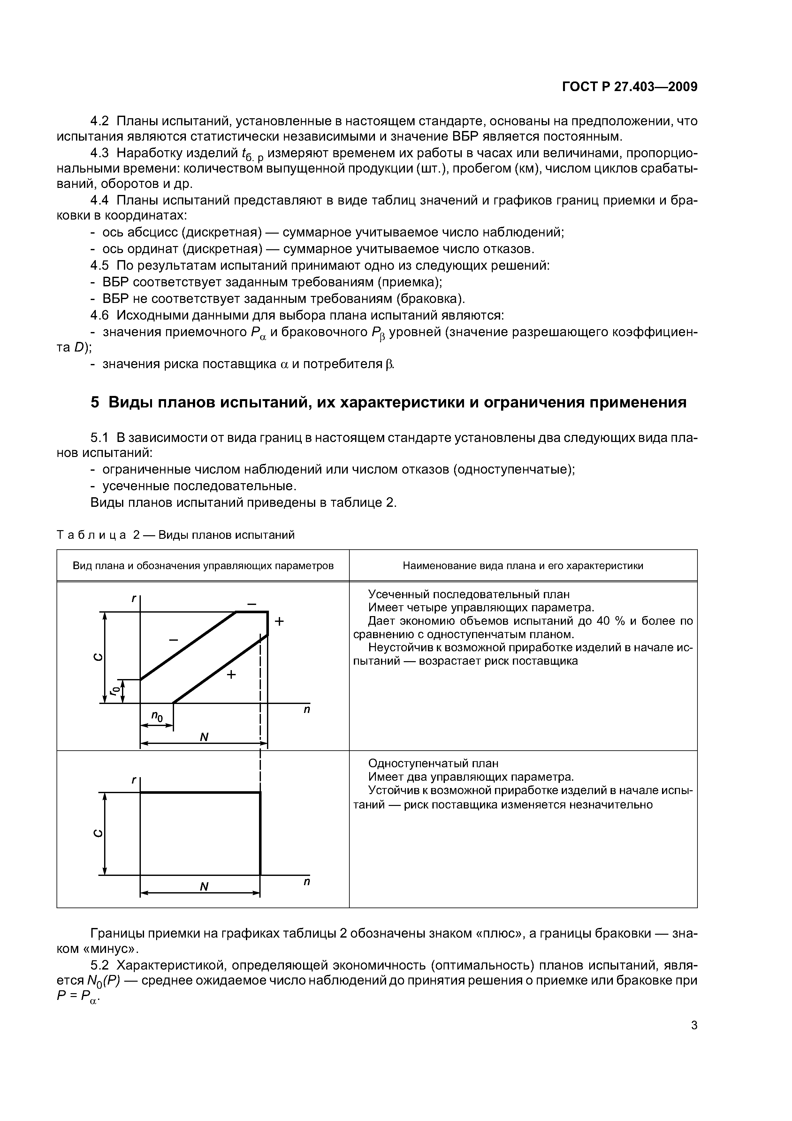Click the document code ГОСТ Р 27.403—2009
629,87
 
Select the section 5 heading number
95,402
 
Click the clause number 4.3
100,153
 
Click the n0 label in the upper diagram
156,716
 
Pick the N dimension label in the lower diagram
204,886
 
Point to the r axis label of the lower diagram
133,780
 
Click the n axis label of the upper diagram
307,709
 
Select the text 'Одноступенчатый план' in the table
433,763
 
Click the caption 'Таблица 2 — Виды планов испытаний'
176,535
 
